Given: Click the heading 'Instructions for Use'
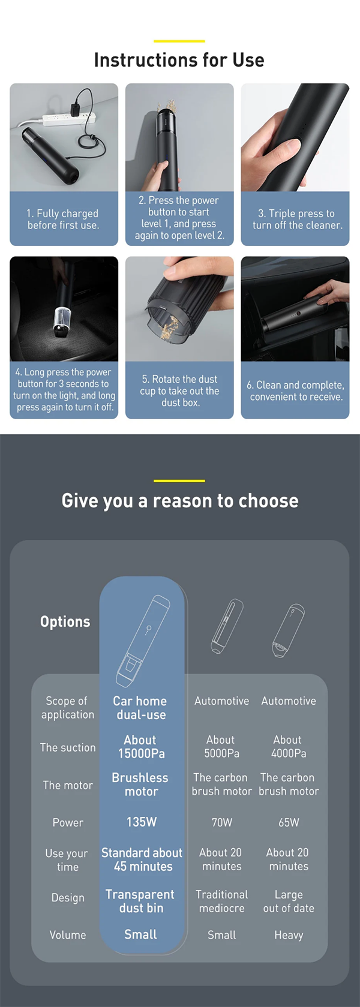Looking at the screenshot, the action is coord(179,60).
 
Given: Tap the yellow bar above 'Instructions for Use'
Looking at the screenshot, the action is coord(179,41).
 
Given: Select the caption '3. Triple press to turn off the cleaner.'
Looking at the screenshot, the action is coord(297,219).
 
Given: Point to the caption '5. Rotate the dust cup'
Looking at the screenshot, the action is coord(179,390).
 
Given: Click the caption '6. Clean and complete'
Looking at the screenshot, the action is coord(295,390).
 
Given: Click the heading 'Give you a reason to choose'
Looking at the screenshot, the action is coord(179,501).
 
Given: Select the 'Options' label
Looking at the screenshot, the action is coord(65,621).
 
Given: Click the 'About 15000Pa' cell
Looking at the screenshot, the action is coord(142,746).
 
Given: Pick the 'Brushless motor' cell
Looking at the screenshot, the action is coord(140,784).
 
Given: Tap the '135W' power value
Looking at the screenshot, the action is coord(142,822).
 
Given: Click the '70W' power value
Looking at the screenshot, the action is coord(222,822).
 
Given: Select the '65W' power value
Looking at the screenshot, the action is coord(289,822).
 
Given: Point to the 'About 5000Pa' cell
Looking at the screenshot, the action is coord(221,746).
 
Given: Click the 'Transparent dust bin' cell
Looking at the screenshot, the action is coord(140,901).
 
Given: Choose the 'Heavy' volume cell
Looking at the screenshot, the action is coord(289,935).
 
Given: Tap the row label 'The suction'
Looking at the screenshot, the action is coord(67,747).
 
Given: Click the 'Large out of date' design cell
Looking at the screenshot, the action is coord(289,901).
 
